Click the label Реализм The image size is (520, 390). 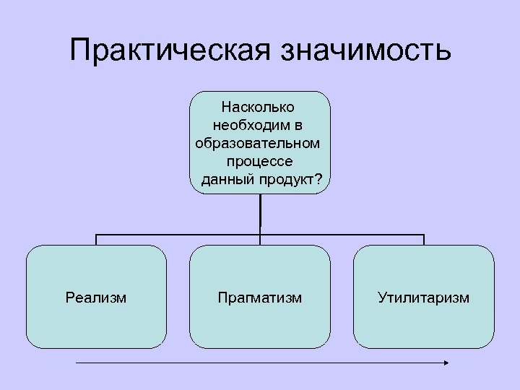(95, 297)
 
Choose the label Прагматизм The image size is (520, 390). (260, 297)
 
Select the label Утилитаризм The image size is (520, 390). (423, 297)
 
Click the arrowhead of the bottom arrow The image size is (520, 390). (446, 363)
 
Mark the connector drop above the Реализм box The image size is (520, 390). (96, 240)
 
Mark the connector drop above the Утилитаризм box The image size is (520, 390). (424, 240)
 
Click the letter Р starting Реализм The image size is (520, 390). (69, 297)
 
